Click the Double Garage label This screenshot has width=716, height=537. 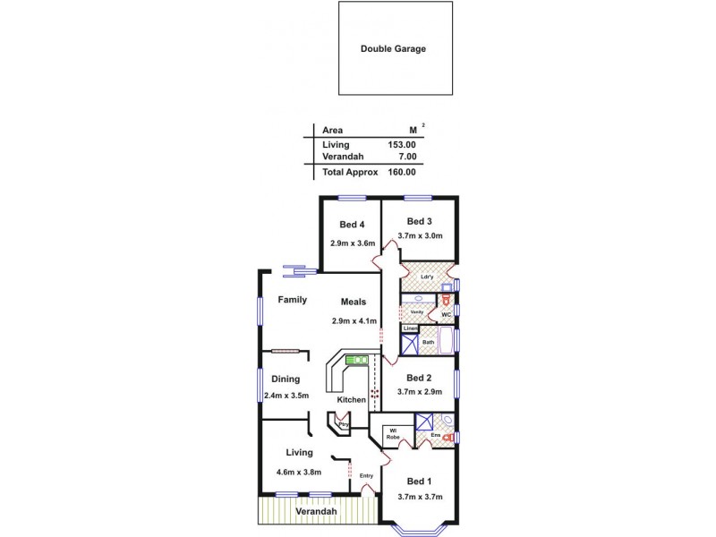pyautogui.click(x=393, y=49)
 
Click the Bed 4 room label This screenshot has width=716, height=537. pyautogui.click(x=352, y=225)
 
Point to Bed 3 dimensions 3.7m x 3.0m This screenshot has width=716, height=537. pyautogui.click(x=422, y=236)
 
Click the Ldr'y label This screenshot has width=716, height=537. pyautogui.click(x=427, y=277)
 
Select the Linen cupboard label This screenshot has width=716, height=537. pyautogui.click(x=409, y=329)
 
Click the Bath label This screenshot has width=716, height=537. pyautogui.click(x=428, y=342)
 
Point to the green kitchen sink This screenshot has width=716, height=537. pyautogui.click(x=357, y=360)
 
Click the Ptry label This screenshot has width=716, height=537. pyautogui.click(x=342, y=424)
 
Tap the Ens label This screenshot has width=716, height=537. pyautogui.click(x=435, y=436)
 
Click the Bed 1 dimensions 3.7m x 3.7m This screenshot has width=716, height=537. pyautogui.click(x=421, y=497)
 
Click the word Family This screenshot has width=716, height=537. pyautogui.click(x=292, y=300)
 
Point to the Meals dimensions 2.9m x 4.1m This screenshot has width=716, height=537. pyautogui.click(x=354, y=320)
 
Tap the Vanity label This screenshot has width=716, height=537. pyautogui.click(x=416, y=311)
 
